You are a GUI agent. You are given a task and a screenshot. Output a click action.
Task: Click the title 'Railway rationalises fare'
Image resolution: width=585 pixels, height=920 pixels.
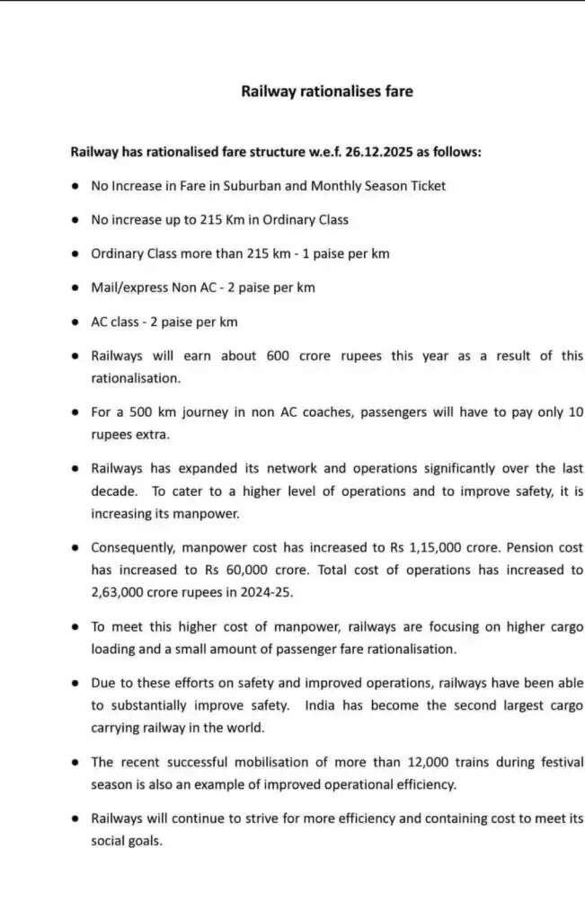pyautogui.click(x=327, y=92)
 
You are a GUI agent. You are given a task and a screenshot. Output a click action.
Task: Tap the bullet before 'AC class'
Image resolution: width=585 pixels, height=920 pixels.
pyautogui.click(x=75, y=322)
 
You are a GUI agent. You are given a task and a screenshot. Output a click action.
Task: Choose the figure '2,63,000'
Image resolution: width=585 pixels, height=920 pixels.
pyautogui.click(x=122, y=592)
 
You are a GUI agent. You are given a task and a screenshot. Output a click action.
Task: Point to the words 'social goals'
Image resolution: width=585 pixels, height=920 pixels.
pyautogui.click(x=127, y=841)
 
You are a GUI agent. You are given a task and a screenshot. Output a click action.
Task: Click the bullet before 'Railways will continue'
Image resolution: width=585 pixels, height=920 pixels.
pyautogui.click(x=75, y=818)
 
